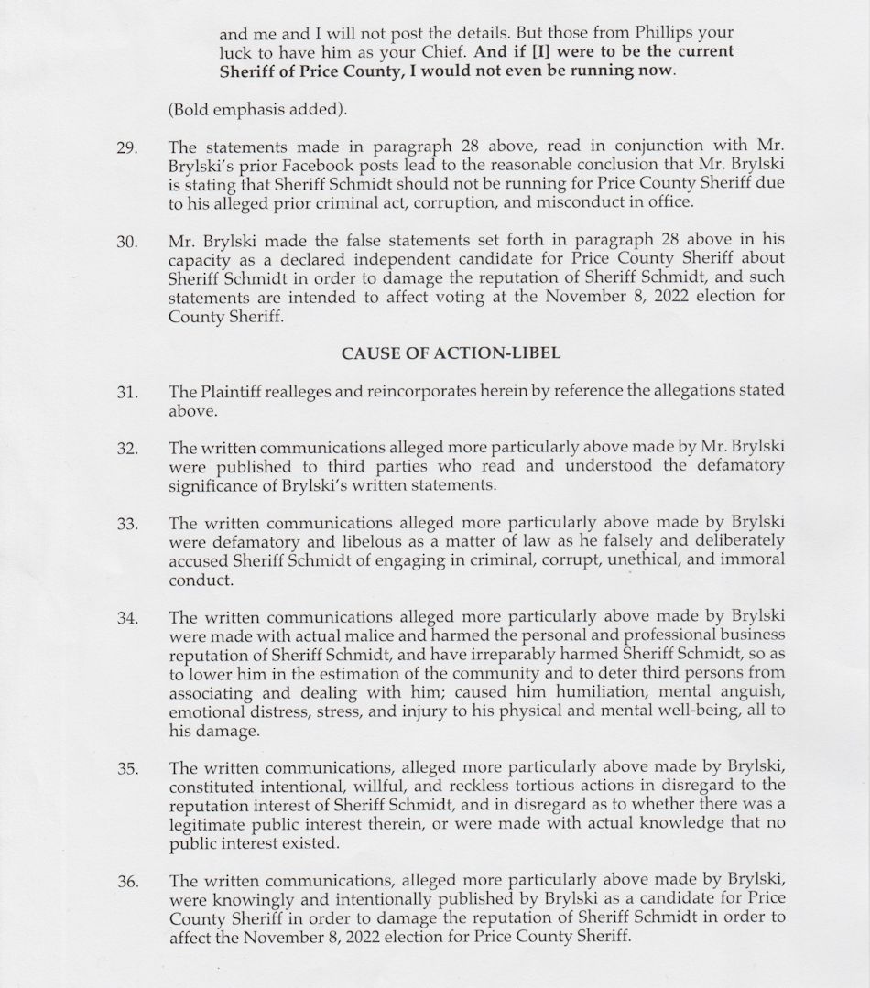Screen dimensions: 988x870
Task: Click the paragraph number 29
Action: (127, 147)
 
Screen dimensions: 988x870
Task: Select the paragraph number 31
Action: (127, 392)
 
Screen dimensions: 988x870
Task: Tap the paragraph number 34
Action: (127, 617)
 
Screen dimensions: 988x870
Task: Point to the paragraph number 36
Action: (127, 882)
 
